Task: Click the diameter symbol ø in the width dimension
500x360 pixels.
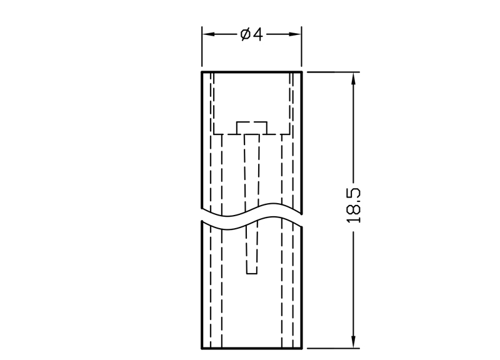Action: [245, 34]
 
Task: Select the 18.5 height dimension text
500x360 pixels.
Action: [353, 206]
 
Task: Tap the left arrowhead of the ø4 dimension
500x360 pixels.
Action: [209, 34]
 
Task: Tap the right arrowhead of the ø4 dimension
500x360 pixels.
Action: [294, 34]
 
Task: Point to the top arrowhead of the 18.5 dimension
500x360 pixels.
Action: [353, 79]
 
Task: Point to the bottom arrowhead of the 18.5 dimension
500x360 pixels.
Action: [353, 341]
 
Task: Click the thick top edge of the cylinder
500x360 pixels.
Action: [252, 72]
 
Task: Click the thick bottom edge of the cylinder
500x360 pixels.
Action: [252, 349]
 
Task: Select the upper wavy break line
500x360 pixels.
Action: [252, 209]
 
